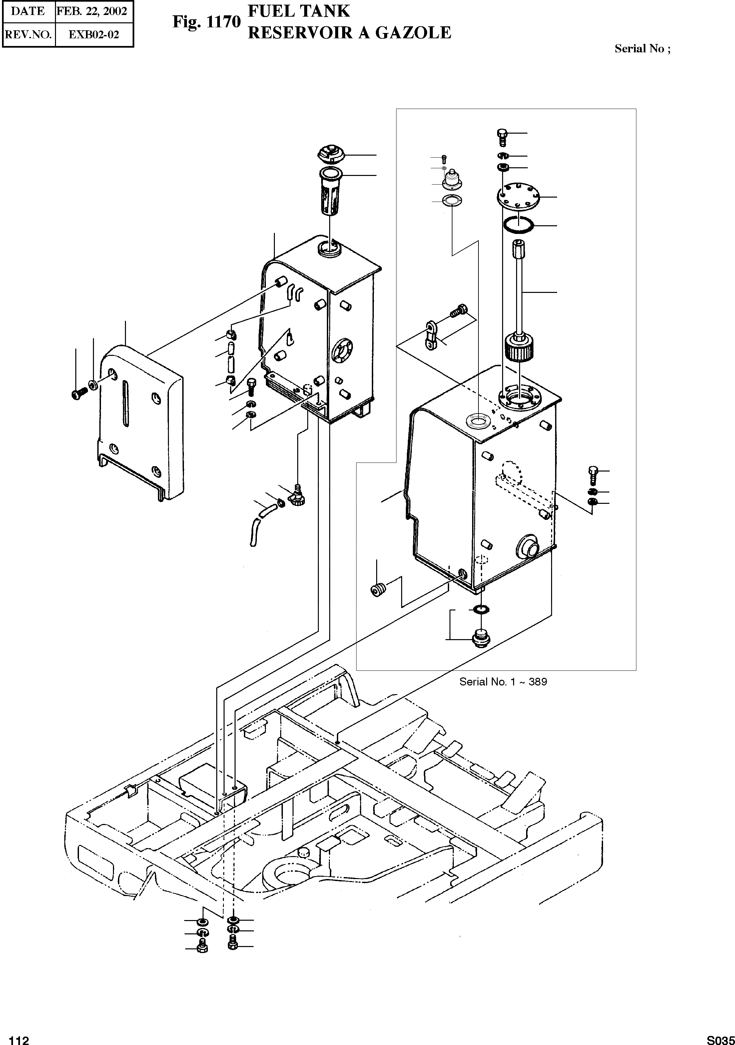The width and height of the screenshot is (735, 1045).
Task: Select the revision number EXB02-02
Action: point(94,35)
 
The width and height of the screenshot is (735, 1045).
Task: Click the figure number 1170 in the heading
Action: point(223,22)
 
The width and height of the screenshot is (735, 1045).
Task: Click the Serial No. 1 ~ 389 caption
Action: point(503,682)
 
